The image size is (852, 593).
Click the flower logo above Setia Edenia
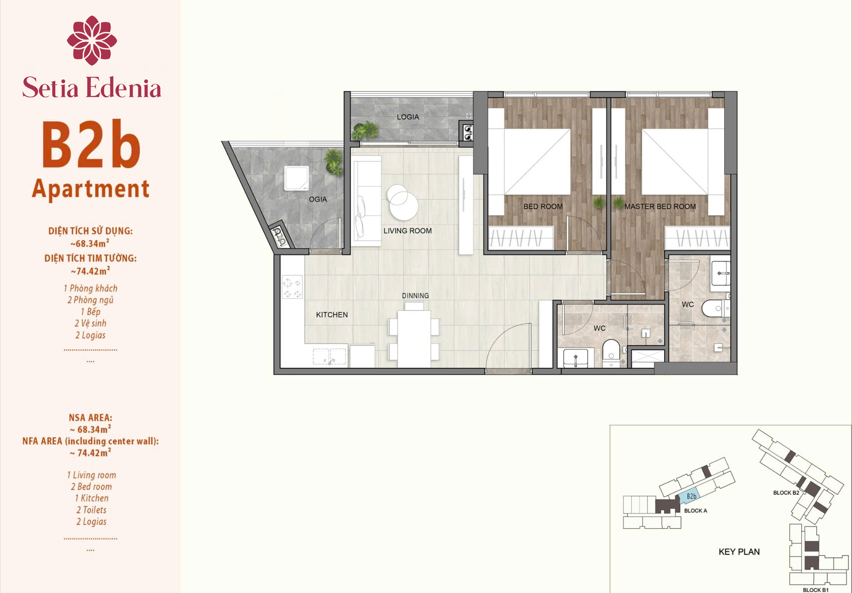[92, 40]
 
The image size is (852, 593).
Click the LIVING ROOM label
[407, 231]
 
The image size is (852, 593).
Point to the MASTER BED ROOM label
[660, 206]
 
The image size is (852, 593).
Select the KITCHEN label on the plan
[332, 315]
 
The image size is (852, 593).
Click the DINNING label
[415, 296]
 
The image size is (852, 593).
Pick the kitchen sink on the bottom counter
[330, 356]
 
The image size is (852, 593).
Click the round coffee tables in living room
[403, 202]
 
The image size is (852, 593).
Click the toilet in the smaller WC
[611, 352]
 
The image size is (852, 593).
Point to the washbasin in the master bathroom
[721, 273]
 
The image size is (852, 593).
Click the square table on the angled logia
[296, 178]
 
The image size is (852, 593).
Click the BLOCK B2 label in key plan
[786, 493]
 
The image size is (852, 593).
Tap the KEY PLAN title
[739, 552]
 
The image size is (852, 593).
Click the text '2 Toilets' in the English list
[91, 510]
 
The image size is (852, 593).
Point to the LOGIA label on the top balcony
[408, 117]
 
